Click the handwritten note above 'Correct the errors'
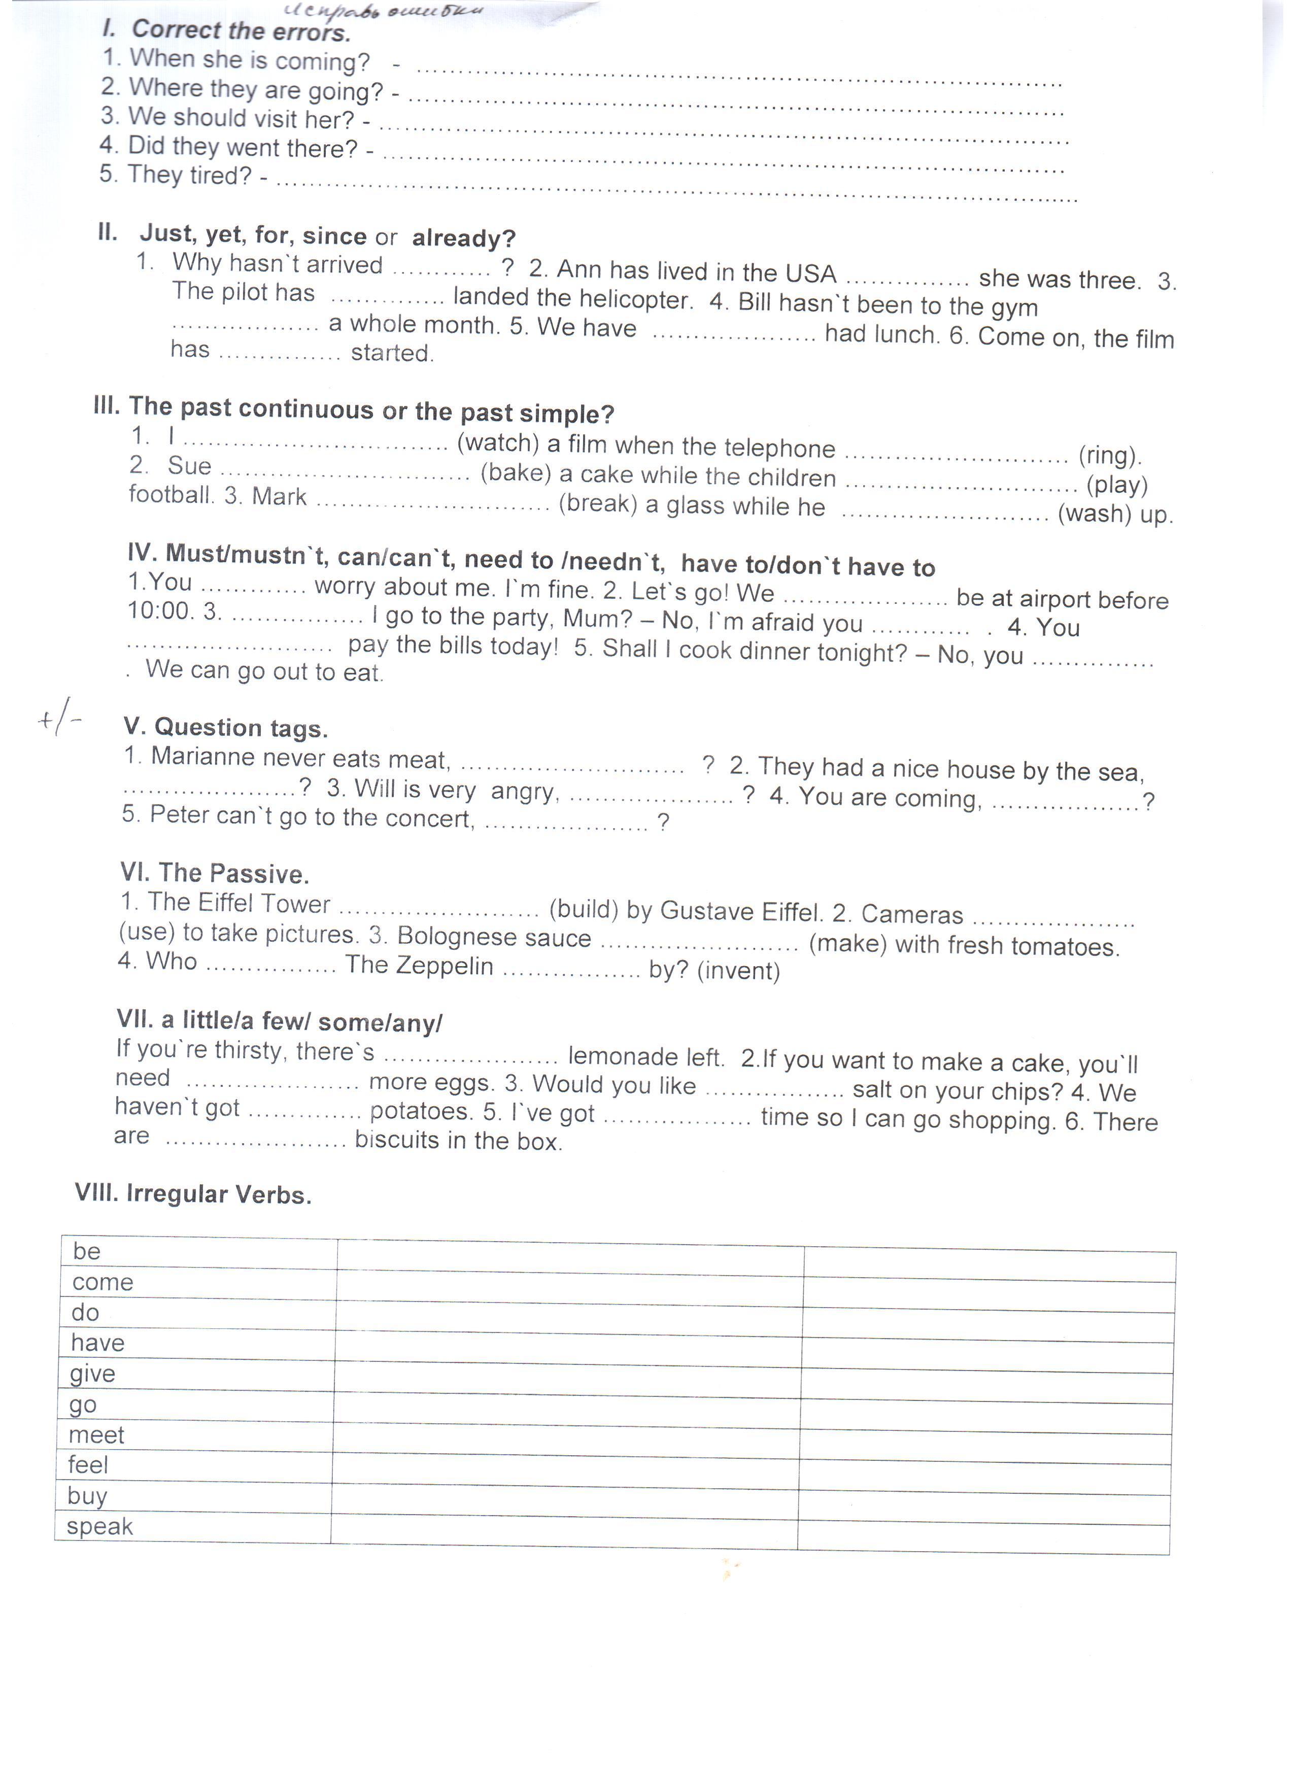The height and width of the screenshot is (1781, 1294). (x=383, y=11)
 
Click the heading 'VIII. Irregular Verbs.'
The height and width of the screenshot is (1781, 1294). (x=193, y=1193)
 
